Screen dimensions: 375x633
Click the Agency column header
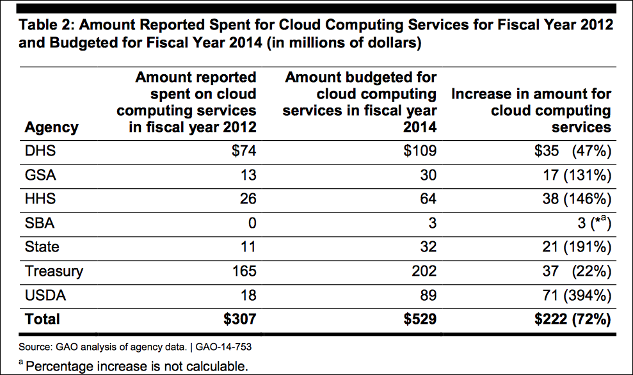pos(51,127)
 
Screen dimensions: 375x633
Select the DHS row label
pos(40,152)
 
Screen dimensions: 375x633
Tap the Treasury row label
pos(54,271)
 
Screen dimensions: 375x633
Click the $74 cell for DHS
pos(241,152)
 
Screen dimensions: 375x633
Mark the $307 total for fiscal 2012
pos(238,319)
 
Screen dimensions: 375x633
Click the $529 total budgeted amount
pos(419,319)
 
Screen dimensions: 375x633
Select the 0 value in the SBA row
pos(251,223)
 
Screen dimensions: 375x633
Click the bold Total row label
pos(42,319)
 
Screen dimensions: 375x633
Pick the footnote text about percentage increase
pos(135,366)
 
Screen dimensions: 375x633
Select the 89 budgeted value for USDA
pos(428,295)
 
